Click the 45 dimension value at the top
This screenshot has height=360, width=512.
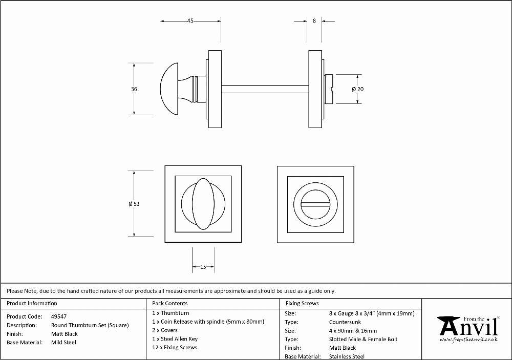pyautogui.click(x=190, y=20)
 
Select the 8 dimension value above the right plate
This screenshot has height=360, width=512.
pyautogui.click(x=314, y=20)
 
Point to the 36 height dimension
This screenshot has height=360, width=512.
pyautogui.click(x=134, y=89)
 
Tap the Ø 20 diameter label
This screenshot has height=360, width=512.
pyautogui.click(x=358, y=89)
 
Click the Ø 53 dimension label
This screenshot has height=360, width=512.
pyautogui.click(x=134, y=204)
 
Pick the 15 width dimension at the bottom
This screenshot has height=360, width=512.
pyautogui.click(x=203, y=267)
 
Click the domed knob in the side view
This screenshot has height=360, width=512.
pyautogui.click(x=169, y=89)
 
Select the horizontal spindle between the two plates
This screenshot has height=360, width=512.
pyautogui.click(x=265, y=89)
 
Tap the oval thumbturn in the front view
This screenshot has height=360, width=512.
pyautogui.click(x=203, y=204)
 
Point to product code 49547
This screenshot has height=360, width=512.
pyautogui.click(x=59, y=316)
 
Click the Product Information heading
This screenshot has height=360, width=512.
pyautogui.click(x=32, y=303)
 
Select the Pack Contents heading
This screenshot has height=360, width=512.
pyautogui.click(x=170, y=303)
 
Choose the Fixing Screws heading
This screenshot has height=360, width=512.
pyautogui.click(x=302, y=303)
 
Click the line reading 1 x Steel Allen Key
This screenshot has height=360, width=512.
pyautogui.click(x=175, y=339)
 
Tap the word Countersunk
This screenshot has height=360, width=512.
pyautogui.click(x=345, y=322)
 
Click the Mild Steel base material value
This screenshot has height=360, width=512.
pyautogui.click(x=63, y=343)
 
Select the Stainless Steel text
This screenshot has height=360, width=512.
pyautogui.click(x=347, y=356)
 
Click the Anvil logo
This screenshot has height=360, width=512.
pyautogui.click(x=468, y=329)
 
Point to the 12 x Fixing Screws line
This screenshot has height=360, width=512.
pyautogui.click(x=175, y=347)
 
